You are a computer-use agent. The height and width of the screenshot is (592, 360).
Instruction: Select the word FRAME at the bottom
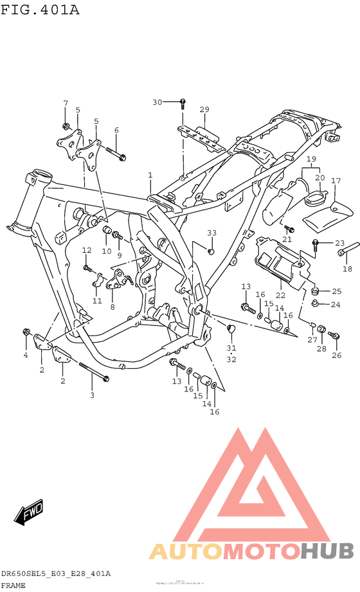(14, 586)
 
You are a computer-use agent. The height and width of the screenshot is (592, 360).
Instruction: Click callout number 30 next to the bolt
(157, 102)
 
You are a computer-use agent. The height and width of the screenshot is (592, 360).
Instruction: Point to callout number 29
(204, 109)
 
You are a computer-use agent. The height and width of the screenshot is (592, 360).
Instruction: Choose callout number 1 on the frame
(150, 175)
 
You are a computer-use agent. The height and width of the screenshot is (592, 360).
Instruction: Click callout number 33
(212, 232)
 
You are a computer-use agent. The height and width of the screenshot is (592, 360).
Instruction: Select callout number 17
(335, 181)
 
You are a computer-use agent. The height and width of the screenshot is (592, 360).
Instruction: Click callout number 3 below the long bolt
(92, 395)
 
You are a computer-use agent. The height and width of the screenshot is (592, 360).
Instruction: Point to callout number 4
(26, 355)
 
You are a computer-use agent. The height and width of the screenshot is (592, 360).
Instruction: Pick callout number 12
(87, 250)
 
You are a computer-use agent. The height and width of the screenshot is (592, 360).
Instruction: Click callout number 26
(336, 355)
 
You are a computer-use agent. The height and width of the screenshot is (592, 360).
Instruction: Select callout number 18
(347, 269)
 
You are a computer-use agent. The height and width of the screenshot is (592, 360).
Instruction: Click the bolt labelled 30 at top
(183, 103)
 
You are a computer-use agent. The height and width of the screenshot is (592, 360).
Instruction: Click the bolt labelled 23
(316, 243)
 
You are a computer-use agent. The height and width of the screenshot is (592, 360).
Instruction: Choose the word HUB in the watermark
(328, 551)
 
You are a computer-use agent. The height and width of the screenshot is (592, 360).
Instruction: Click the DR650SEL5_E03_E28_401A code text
(56, 573)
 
